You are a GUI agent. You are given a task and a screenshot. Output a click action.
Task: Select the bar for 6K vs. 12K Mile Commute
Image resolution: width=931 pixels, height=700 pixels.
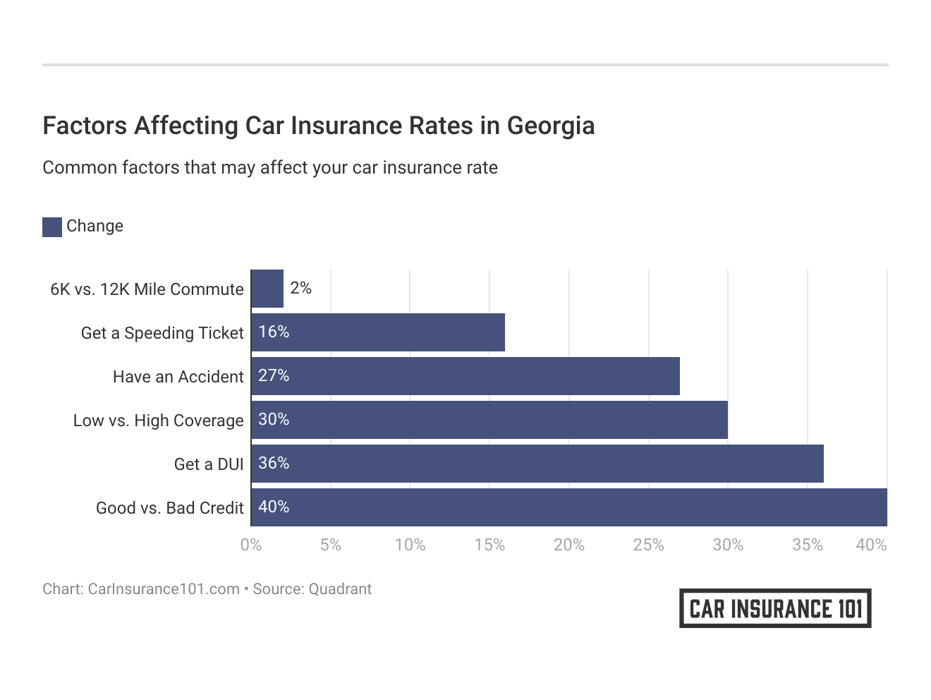267,289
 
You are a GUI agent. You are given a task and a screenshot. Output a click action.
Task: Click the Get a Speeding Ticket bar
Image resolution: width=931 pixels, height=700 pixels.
378,332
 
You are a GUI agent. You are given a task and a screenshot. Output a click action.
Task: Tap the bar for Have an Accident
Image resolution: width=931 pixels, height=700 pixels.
465,376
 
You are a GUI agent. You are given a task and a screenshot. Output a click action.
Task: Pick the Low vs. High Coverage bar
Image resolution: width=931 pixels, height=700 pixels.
489,420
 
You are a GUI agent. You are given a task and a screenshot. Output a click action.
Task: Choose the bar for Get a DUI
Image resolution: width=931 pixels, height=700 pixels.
537,464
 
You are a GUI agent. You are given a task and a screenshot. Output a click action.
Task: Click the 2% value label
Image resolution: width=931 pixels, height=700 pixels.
300,288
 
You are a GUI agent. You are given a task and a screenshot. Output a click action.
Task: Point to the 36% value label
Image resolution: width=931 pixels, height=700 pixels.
274,463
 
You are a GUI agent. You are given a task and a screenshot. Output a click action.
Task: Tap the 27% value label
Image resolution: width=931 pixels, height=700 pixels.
274,375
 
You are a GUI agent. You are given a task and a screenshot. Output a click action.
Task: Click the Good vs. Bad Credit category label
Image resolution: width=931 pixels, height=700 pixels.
170,508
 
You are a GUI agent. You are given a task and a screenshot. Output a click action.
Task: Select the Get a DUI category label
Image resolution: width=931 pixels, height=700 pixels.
209,464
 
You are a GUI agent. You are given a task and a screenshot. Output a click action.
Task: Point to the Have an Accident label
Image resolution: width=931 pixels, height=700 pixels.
178,377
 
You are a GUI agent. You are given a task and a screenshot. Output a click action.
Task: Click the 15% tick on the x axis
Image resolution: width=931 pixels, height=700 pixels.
489,545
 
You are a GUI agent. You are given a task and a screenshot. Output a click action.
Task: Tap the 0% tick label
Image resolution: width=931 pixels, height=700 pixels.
251,545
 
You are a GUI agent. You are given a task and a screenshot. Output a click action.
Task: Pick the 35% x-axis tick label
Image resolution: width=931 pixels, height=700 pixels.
808,545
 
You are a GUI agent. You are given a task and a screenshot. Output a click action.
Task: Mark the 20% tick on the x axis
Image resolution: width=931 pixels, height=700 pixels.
569,545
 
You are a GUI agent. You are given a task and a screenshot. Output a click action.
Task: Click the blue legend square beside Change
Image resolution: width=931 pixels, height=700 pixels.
52,227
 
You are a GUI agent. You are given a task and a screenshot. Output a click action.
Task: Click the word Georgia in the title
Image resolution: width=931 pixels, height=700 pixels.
551,126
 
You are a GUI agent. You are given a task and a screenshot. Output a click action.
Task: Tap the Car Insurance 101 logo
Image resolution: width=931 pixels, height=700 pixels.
775,608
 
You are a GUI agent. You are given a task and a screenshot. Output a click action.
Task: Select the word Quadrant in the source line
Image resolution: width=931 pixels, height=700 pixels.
340,589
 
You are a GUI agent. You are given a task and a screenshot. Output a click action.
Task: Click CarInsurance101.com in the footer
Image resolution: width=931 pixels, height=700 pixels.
164,589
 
